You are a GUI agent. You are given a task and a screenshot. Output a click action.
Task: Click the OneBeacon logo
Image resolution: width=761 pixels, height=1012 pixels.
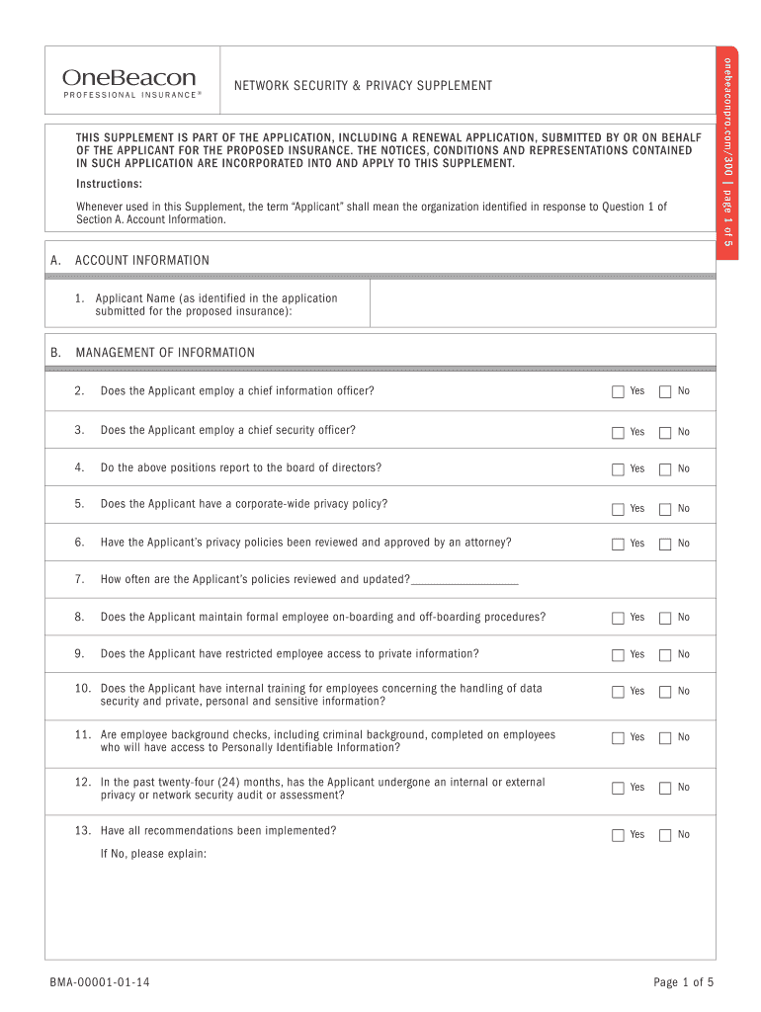click(x=129, y=82)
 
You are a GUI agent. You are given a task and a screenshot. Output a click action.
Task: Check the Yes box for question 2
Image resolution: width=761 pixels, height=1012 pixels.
click(x=618, y=391)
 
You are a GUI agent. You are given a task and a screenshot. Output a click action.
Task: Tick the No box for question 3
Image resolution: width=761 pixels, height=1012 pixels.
click(x=665, y=432)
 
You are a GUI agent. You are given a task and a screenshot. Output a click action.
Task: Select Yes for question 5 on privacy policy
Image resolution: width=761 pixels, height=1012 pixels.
click(x=618, y=509)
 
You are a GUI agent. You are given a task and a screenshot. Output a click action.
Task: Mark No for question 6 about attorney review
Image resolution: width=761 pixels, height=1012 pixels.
click(x=665, y=544)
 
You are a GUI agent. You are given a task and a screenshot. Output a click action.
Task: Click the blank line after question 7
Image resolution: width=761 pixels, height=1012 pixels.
click(x=464, y=579)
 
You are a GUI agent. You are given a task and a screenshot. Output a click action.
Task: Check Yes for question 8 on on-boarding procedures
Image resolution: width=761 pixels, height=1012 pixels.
click(x=618, y=618)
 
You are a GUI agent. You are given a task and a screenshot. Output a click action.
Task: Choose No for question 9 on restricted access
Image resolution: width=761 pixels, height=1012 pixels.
click(x=665, y=654)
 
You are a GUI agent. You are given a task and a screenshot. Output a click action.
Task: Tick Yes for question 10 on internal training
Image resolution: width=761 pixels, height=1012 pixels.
click(x=618, y=691)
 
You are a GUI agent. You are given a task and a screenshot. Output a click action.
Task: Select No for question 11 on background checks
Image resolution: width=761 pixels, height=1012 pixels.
click(x=665, y=737)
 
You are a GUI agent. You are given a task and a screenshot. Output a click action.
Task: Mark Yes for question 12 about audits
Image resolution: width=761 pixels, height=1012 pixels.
click(x=618, y=788)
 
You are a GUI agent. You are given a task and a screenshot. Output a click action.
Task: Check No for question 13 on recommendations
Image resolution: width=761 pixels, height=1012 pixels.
click(x=665, y=835)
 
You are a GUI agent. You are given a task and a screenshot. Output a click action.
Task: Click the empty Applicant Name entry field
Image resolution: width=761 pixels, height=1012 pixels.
click(x=542, y=303)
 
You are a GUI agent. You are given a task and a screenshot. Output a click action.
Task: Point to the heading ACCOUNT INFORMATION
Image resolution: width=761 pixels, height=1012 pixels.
click(x=142, y=261)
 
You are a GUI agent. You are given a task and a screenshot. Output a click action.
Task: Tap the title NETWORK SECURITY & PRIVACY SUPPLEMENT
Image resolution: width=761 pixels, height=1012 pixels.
click(x=363, y=86)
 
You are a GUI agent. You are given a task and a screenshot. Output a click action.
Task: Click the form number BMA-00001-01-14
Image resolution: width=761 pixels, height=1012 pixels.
click(x=101, y=982)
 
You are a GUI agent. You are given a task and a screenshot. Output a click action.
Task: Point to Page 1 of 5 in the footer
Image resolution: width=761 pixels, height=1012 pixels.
click(x=683, y=982)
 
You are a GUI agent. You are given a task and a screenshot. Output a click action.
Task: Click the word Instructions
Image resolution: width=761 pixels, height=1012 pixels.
click(x=109, y=185)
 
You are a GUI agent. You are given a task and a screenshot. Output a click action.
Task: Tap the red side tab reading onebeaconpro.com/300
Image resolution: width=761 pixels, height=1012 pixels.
click(x=726, y=153)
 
